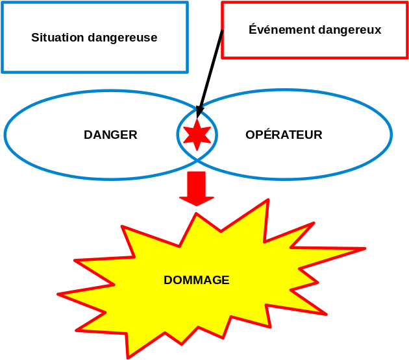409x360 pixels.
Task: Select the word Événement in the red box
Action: tap(279, 30)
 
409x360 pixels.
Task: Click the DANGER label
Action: tap(110, 135)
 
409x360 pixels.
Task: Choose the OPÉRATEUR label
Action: tap(284, 135)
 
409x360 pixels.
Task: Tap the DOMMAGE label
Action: tap(196, 280)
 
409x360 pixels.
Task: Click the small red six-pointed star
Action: tap(197, 135)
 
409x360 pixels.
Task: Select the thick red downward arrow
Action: tap(196, 188)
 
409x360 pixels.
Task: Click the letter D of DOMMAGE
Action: tap(167, 280)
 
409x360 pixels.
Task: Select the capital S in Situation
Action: tap(35, 38)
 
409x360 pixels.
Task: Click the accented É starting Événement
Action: tap(253, 29)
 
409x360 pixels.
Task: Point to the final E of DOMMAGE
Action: tap(226, 280)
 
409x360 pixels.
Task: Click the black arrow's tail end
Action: tap(222, 31)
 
